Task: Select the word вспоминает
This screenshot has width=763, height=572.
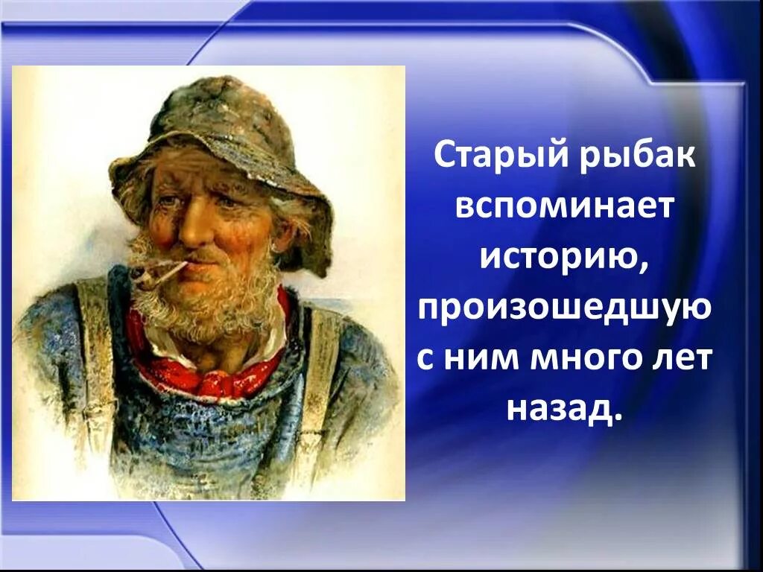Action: tap(564, 206)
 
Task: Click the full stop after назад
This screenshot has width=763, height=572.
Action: tap(616, 419)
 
